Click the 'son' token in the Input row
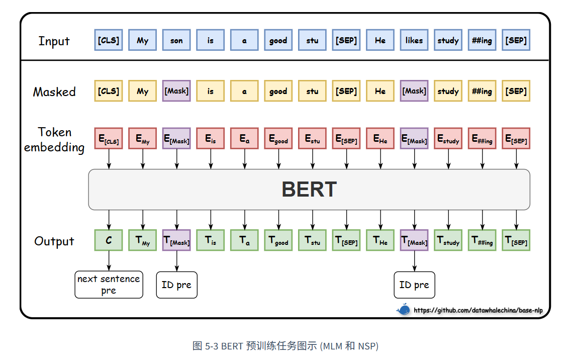point(176,40)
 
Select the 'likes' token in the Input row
point(414,40)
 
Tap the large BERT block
point(309,190)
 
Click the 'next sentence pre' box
point(109,285)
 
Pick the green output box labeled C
point(109,240)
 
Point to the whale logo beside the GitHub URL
point(403,310)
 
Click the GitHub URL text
point(478,310)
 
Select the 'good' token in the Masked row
point(278,91)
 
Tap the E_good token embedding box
point(278,139)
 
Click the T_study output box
point(448,240)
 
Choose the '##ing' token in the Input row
point(482,40)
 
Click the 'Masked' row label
point(54,92)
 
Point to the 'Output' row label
point(54,241)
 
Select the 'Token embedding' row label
point(54,140)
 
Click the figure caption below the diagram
point(285,346)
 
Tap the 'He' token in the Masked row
point(380,91)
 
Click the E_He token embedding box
point(380,139)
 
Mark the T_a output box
point(244,240)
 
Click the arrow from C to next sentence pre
point(109,261)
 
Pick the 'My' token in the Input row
point(143,40)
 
